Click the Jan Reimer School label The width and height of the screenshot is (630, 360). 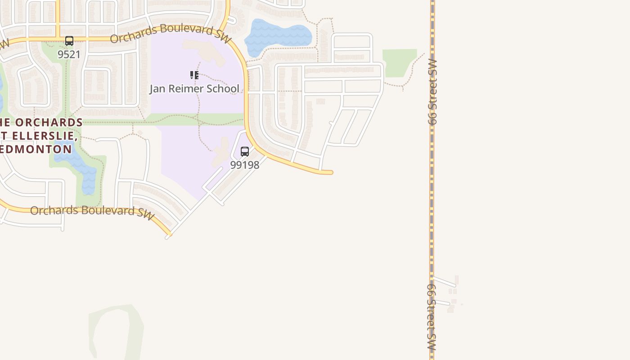[x=194, y=89]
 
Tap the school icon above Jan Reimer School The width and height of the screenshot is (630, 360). [x=194, y=75]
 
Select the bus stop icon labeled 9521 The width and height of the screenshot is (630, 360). [x=69, y=41]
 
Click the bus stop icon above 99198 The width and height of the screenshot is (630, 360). [x=245, y=151]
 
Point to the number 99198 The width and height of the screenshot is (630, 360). [x=245, y=165]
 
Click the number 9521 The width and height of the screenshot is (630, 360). [x=69, y=54]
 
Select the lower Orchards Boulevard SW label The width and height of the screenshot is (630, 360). [x=92, y=211]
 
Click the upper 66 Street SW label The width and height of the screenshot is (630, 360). [x=432, y=92]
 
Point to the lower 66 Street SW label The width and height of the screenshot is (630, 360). [x=432, y=317]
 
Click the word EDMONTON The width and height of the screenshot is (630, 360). [x=36, y=149]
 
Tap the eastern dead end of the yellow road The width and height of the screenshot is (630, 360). [x=331, y=172]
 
